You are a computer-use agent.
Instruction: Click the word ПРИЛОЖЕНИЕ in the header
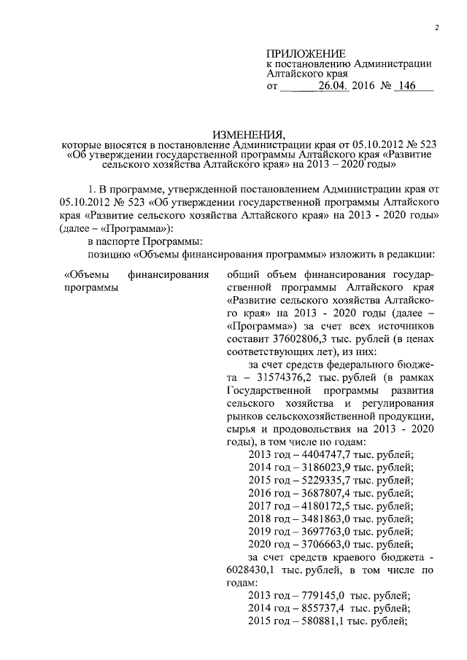tap(304, 53)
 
